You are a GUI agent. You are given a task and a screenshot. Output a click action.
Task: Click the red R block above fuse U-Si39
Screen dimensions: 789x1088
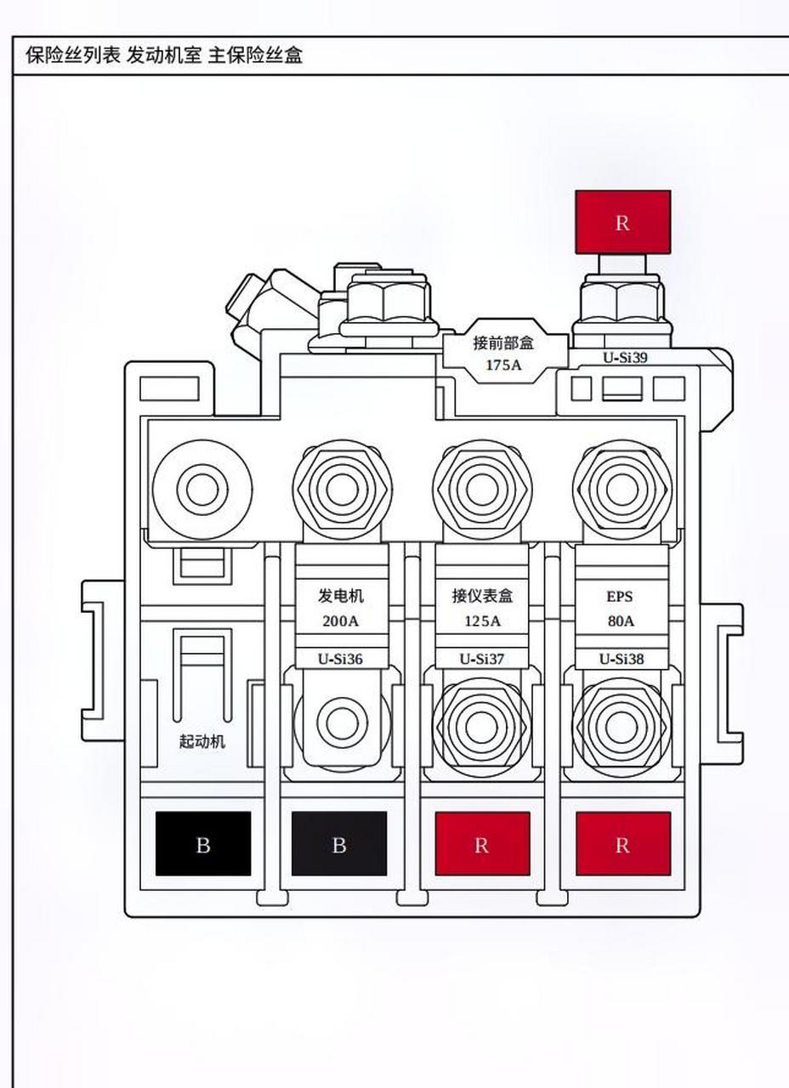(623, 222)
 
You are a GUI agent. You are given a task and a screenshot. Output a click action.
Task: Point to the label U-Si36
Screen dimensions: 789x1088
(340, 659)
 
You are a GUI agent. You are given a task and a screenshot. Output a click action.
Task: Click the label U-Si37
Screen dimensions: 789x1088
(482, 659)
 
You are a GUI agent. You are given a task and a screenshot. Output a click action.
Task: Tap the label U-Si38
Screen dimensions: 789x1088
(622, 659)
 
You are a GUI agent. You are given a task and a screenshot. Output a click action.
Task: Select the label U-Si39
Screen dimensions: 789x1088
(625, 358)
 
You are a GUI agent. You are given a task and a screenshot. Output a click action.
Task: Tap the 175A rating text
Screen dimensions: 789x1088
(503, 365)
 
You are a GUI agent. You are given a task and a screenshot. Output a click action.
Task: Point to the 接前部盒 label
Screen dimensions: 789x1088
(504, 343)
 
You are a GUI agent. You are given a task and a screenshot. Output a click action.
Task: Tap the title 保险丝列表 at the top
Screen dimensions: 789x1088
(73, 55)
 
